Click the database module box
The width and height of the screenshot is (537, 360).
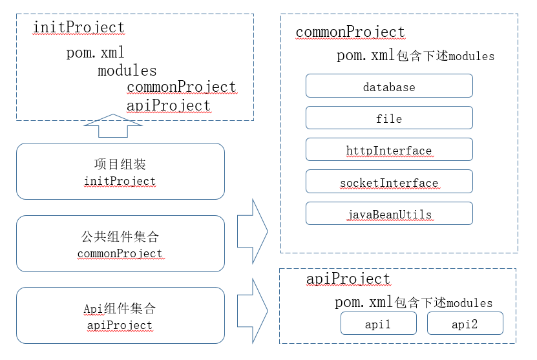389,87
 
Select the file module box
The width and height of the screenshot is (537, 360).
389,118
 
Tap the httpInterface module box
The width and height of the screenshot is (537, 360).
389,150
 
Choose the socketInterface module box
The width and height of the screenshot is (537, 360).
389,182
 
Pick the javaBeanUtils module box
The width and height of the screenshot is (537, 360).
389,214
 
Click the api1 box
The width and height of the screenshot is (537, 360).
379,324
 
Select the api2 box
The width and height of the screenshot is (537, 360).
465,324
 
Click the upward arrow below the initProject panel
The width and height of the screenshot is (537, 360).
113,125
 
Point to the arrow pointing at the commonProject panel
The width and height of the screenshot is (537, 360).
253,231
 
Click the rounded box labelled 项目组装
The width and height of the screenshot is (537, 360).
120,171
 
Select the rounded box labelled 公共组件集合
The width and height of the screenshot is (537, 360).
120,244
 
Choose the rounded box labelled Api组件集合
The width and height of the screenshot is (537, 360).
120,315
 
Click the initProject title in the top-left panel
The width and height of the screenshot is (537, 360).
78,27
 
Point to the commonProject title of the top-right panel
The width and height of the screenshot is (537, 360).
350,32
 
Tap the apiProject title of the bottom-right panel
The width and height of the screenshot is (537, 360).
348,279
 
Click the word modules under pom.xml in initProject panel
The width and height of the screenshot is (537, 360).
127,70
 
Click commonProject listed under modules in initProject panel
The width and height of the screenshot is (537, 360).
182,87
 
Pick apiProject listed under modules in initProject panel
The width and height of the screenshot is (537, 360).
169,105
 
